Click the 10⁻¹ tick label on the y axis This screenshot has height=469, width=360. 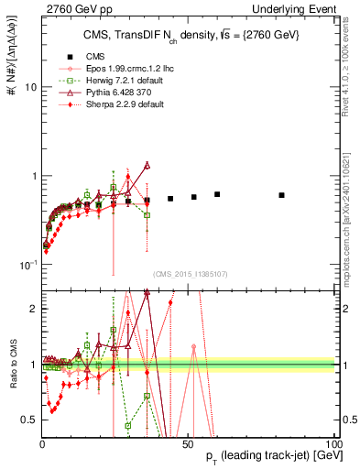coord(27,266)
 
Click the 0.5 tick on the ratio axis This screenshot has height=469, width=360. coord(29,420)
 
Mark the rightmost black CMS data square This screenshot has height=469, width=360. coord(282,195)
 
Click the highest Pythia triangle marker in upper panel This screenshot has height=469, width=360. coord(147,166)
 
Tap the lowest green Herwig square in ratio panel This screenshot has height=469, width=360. coord(128,426)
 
